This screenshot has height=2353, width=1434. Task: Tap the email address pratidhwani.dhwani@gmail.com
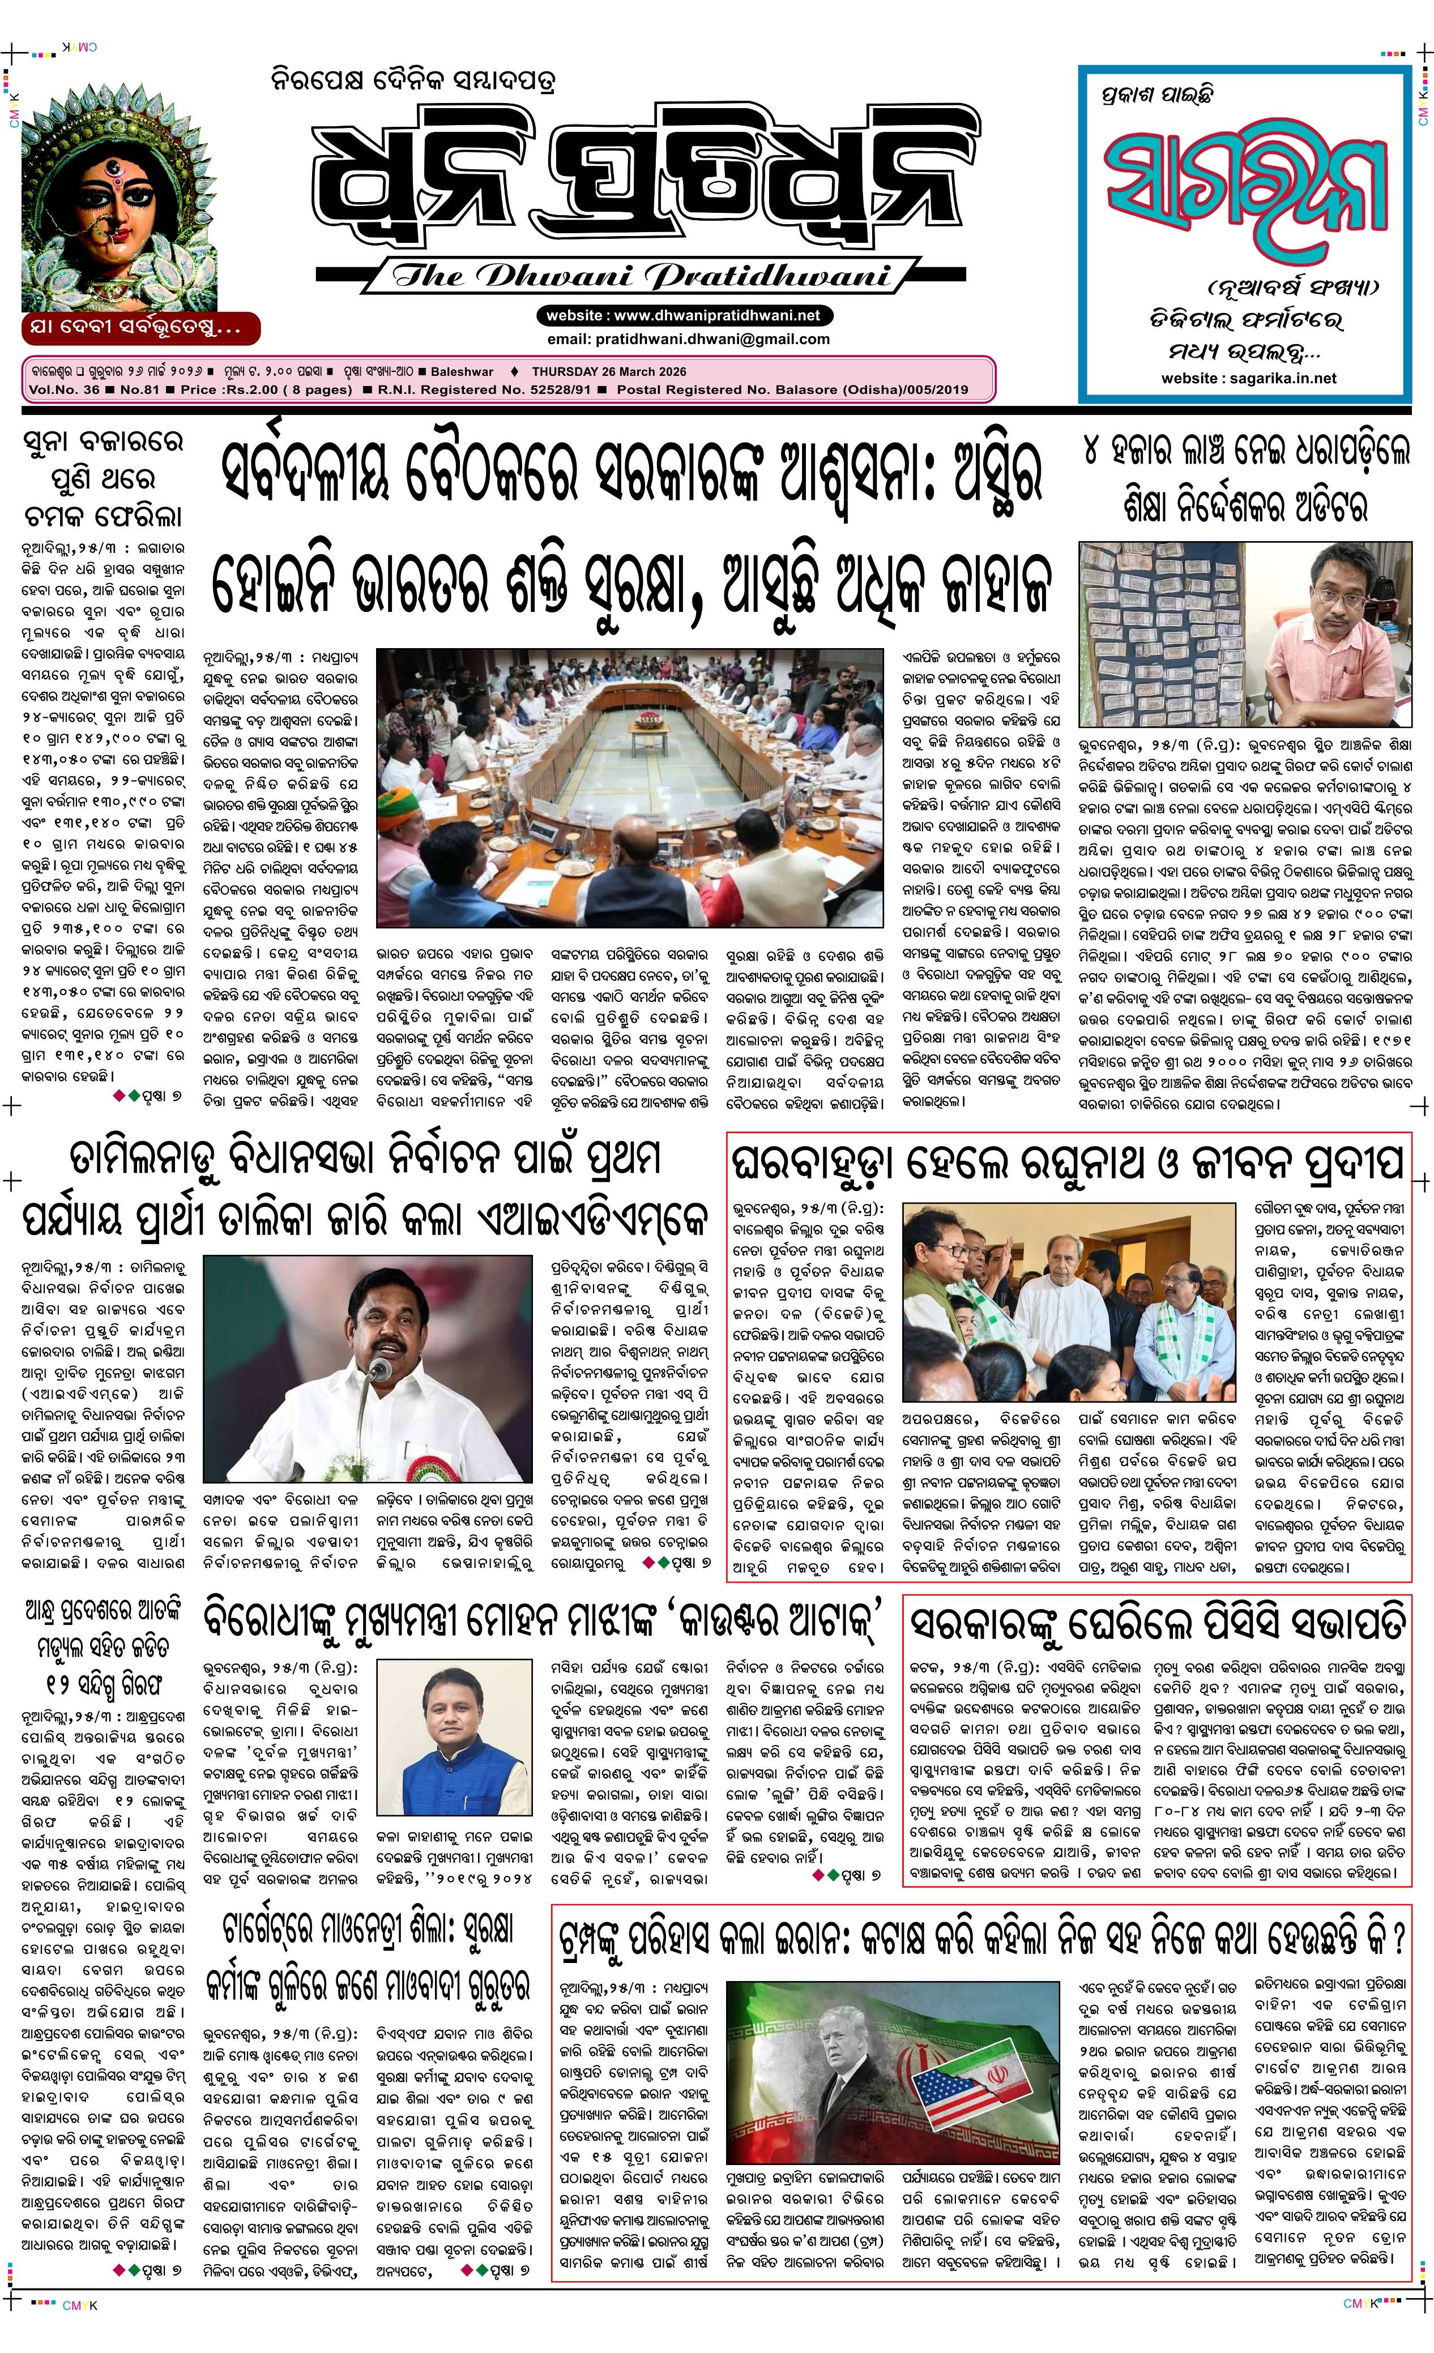688,339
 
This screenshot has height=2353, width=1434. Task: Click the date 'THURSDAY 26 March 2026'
609,371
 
